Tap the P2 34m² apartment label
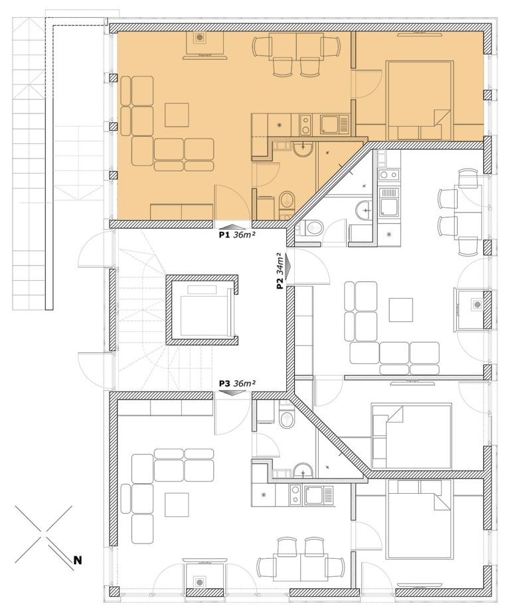tap(280, 270)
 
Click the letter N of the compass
tap(78, 560)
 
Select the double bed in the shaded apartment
tap(420, 100)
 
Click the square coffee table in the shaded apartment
tap(177, 115)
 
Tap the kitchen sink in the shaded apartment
tap(334, 125)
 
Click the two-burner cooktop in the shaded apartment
tap(305, 125)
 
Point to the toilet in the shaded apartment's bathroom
tap(287, 202)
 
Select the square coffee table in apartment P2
tap(401, 309)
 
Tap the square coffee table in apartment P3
tap(177, 505)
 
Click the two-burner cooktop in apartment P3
tap(295, 495)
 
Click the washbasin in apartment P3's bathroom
tap(303, 470)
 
